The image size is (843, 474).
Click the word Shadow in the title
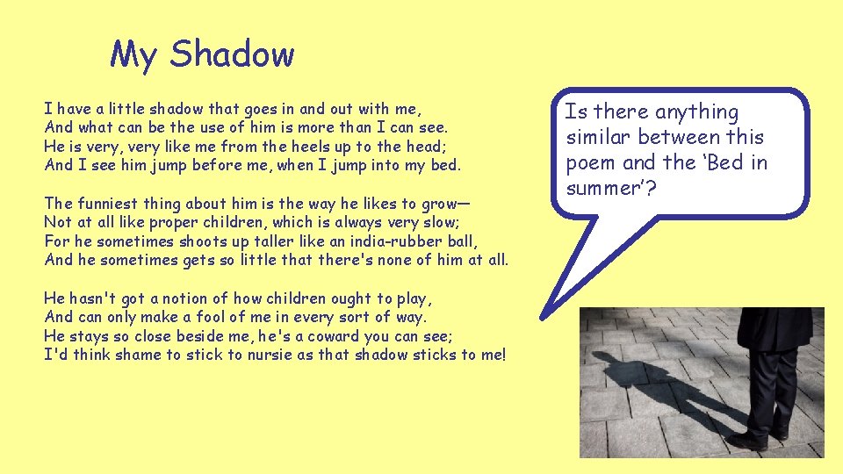[233, 54]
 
